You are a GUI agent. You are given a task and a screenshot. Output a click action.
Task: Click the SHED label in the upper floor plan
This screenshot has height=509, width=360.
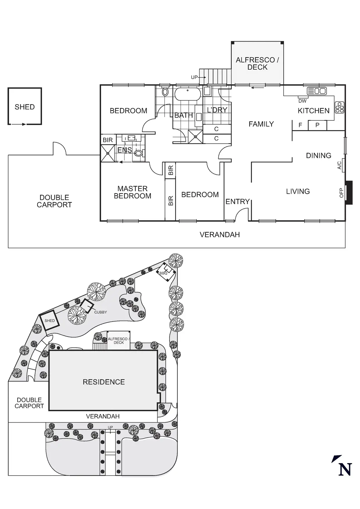[x=25, y=107]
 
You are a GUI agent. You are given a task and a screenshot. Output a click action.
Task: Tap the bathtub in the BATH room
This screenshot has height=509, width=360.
[x=188, y=94]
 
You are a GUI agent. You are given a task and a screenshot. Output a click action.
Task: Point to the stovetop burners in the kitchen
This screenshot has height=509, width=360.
[x=339, y=108]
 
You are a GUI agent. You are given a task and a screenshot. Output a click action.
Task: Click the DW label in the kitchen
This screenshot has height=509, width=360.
[x=303, y=101]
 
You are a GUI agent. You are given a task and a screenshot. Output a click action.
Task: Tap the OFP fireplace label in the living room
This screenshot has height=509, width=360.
[x=341, y=193]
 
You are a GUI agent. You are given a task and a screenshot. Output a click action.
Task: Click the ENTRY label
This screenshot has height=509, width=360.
[x=237, y=201]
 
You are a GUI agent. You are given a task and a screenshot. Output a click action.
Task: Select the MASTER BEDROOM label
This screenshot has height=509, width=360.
[x=132, y=192]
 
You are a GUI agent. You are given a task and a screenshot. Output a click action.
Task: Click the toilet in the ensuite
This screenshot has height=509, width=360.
[x=139, y=153]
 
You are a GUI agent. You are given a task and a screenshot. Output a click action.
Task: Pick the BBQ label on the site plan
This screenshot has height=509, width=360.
[x=163, y=273]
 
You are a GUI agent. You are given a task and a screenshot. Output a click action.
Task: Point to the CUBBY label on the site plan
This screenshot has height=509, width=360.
[x=100, y=312]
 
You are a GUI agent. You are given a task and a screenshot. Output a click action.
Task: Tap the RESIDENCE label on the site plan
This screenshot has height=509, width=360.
[x=104, y=382]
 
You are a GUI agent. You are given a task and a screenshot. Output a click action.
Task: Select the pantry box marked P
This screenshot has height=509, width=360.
[x=317, y=125]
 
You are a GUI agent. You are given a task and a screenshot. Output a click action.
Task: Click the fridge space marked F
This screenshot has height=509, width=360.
[x=300, y=125]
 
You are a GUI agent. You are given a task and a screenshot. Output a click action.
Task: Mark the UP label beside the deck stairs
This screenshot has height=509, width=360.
[x=194, y=77]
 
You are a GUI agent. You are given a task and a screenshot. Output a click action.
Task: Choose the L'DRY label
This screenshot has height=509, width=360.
[x=217, y=110]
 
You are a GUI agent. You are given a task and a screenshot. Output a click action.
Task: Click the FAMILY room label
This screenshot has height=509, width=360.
[x=261, y=124]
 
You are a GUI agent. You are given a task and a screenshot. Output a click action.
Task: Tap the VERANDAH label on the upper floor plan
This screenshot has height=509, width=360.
[x=219, y=235]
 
